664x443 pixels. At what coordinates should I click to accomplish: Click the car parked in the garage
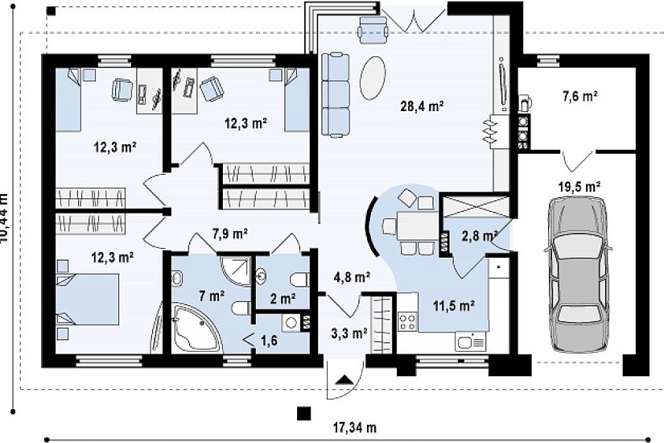click(578, 275)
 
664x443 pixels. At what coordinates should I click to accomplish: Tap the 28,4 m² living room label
click(422, 106)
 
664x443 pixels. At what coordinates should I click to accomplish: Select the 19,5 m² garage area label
click(579, 187)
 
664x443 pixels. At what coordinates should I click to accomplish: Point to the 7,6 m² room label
click(579, 96)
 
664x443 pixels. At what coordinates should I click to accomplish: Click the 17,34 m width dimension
click(354, 428)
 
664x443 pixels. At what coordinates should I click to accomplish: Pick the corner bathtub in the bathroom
click(196, 328)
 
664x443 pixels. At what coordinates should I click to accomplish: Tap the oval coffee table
click(373, 77)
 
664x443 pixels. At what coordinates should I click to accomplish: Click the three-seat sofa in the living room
click(336, 94)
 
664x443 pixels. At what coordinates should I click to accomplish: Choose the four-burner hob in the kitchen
click(407, 321)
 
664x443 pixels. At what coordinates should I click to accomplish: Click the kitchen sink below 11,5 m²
click(471, 342)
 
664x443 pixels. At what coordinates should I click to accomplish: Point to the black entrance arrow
click(344, 379)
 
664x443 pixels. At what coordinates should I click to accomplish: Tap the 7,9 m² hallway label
click(229, 233)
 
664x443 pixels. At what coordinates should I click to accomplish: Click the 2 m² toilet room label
click(283, 299)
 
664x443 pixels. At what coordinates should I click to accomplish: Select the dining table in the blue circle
click(417, 226)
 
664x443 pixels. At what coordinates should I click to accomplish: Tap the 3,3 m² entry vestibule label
click(348, 333)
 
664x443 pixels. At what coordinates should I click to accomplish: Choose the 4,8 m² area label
click(353, 278)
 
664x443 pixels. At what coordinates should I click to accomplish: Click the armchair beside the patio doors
click(373, 29)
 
